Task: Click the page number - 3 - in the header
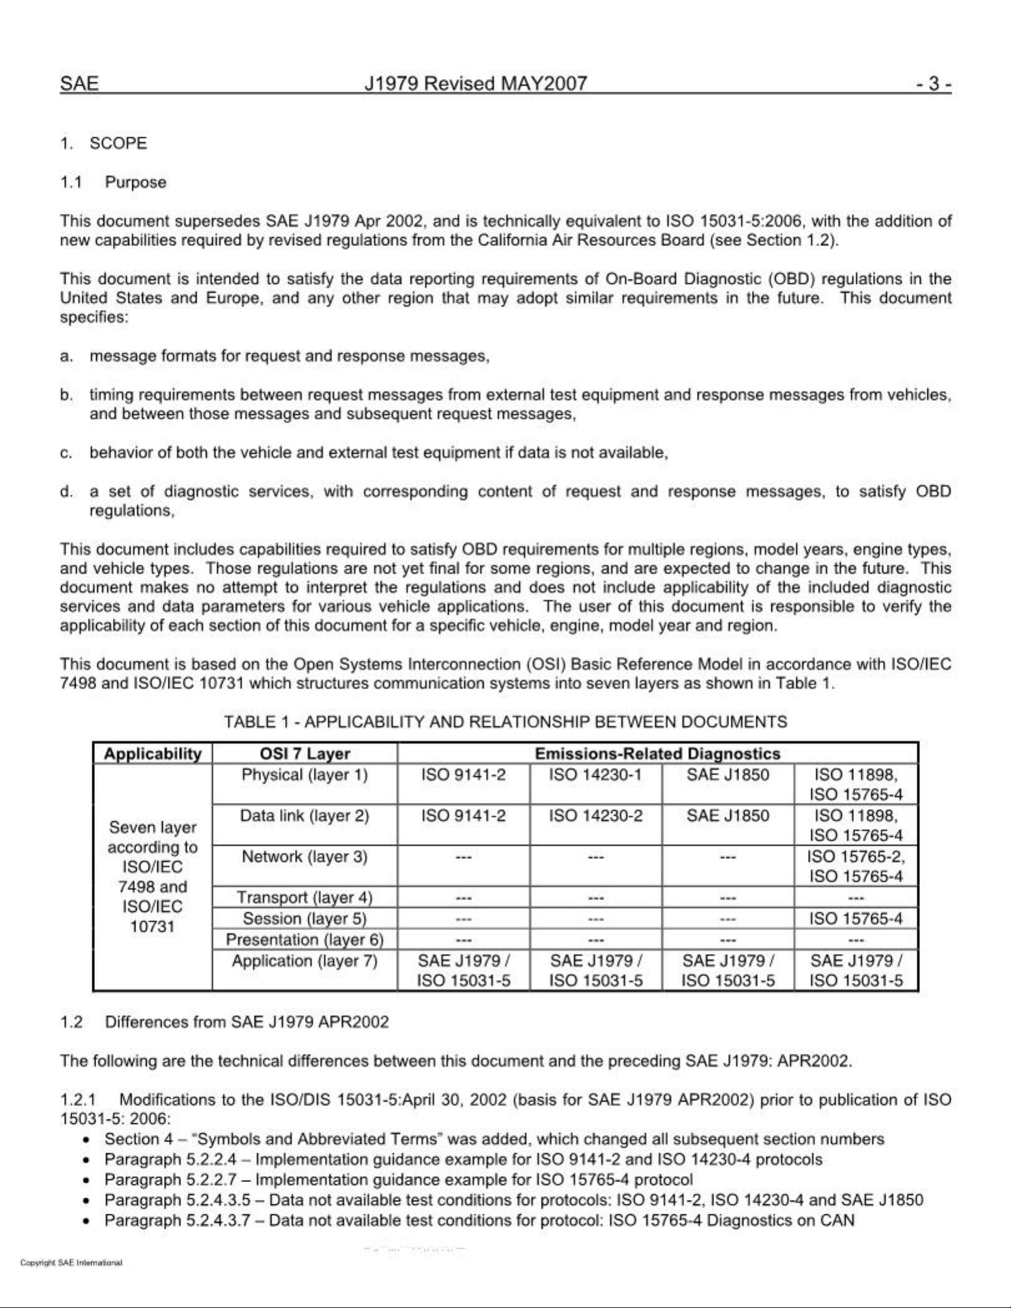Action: click(x=933, y=84)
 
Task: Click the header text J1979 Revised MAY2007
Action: click(x=475, y=84)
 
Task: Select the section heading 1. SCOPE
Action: click(x=104, y=143)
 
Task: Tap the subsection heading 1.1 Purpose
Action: click(x=113, y=182)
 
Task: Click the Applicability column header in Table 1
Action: click(x=153, y=753)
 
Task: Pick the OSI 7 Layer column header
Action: click(x=304, y=753)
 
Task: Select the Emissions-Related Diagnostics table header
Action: click(x=657, y=753)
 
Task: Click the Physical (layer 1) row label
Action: click(x=304, y=775)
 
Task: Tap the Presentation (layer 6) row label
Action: click(x=304, y=939)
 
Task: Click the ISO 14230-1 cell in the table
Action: click(x=595, y=775)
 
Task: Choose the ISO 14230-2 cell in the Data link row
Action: click(x=595, y=816)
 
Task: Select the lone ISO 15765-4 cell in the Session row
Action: click(x=856, y=918)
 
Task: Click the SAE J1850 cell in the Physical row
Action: click(x=727, y=775)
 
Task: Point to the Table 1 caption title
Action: click(x=505, y=722)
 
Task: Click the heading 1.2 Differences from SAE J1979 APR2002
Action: click(x=225, y=1022)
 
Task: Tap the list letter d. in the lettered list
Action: click(x=66, y=492)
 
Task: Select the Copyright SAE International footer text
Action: click(x=71, y=1262)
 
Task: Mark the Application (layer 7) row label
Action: click(x=304, y=961)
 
